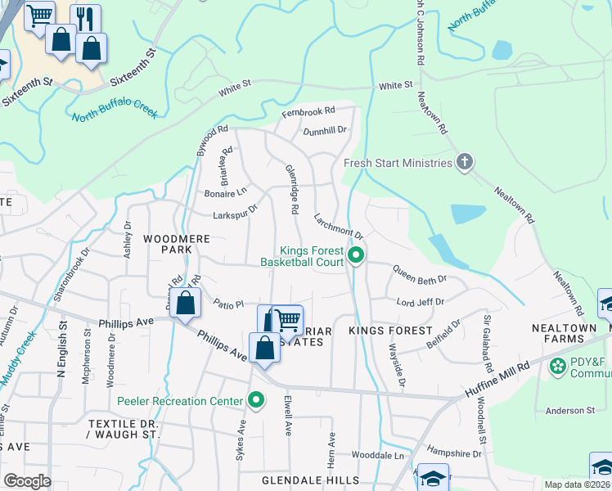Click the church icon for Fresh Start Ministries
coord(464,161)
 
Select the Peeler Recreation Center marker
coord(256,400)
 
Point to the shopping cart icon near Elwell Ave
coord(286,319)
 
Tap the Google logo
coord(27,481)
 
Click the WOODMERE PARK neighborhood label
coord(167,243)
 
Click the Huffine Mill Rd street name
coord(499,376)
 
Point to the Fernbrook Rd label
coord(308,110)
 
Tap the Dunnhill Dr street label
coord(325,129)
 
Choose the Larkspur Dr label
coord(235,211)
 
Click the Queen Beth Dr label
coord(419,273)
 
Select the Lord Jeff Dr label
coord(420,302)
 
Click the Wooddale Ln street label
coord(377,455)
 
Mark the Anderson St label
coord(570,410)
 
